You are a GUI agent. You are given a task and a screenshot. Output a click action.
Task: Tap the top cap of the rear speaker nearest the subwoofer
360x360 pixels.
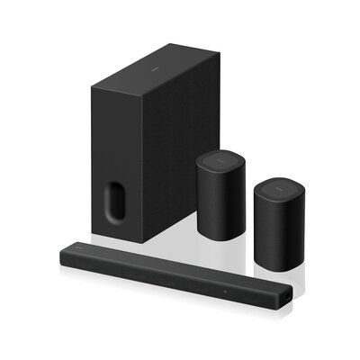pos(220,161)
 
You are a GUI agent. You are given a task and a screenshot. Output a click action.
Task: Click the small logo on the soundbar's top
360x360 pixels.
pos(78,245)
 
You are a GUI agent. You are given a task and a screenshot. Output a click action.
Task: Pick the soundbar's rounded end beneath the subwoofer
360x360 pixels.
pos(64,254)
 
